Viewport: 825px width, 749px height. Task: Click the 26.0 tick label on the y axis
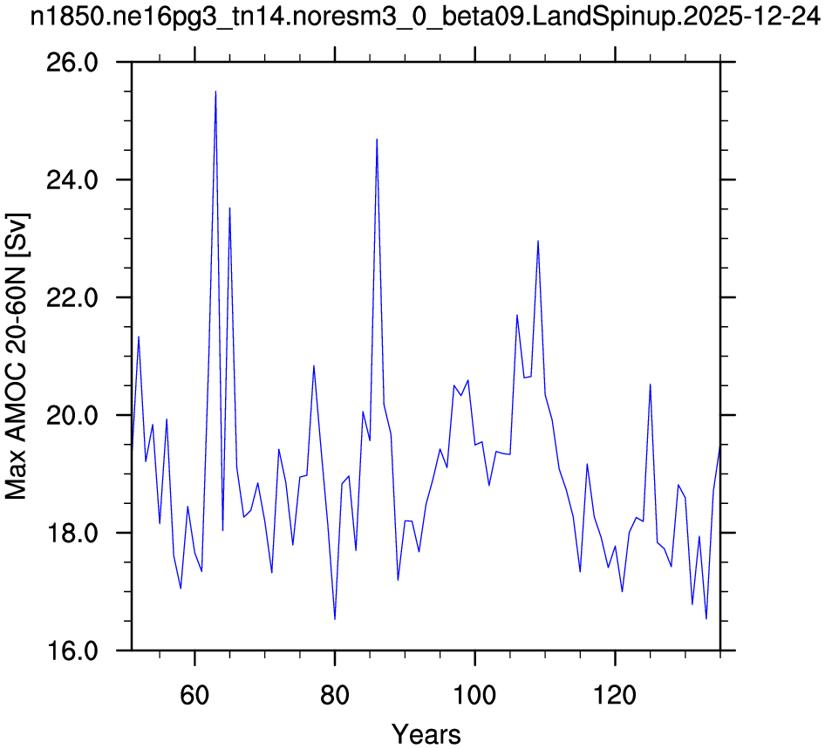point(72,63)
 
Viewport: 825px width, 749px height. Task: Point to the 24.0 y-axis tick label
point(72,180)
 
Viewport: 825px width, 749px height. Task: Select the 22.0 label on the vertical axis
point(72,298)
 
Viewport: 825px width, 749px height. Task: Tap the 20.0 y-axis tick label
point(72,416)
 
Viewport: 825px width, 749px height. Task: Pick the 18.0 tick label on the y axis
point(72,534)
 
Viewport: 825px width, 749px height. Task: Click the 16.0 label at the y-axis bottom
point(72,651)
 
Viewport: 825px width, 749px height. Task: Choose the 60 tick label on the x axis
point(194,695)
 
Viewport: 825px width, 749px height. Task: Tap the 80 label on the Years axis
point(335,695)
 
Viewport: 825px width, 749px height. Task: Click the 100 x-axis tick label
point(474,695)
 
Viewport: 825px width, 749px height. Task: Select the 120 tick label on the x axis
point(615,695)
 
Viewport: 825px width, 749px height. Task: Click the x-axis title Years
point(426,734)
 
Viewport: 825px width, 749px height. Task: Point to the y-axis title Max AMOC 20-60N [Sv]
point(17,356)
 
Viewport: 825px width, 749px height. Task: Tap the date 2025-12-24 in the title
point(745,17)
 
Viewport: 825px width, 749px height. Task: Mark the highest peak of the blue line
point(215,92)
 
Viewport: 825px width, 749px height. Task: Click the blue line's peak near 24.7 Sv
point(377,140)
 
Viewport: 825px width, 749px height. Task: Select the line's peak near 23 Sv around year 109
point(538,241)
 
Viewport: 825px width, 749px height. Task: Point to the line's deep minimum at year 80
point(335,619)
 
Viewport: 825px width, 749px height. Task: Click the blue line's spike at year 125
point(650,385)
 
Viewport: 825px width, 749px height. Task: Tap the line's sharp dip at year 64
point(222,530)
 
